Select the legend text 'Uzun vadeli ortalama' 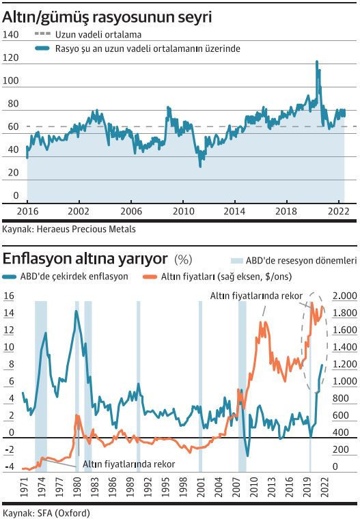(x=93, y=34)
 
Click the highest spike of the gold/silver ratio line (x=317, y=61)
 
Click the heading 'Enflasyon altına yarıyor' (x=85, y=259)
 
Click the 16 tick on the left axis (x=9, y=295)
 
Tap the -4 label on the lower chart (x=9, y=467)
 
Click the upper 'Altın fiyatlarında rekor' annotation (x=258, y=295)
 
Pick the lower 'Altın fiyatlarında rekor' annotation (x=128, y=464)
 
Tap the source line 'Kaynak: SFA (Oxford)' (x=46, y=512)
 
